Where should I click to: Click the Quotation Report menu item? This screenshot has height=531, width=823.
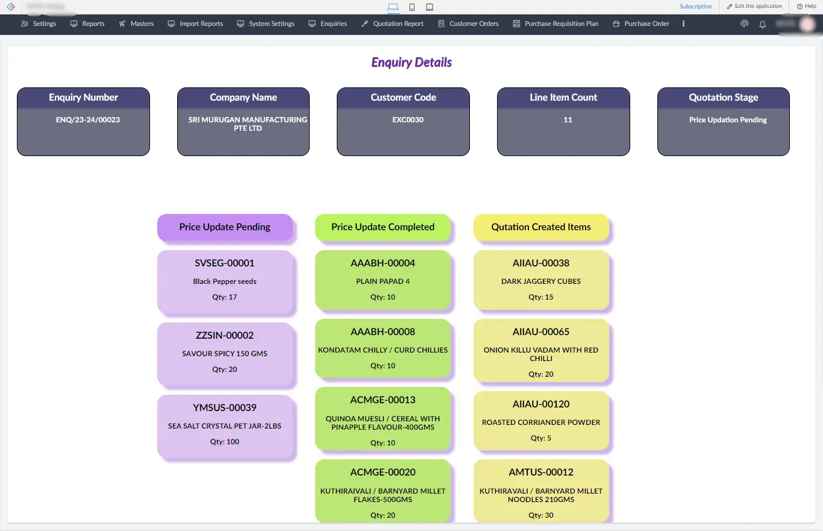tap(393, 24)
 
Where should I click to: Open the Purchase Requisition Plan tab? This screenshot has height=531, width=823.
tap(555, 24)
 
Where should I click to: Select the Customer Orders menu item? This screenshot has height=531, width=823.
tap(468, 24)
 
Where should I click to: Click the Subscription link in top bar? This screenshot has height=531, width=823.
tap(695, 7)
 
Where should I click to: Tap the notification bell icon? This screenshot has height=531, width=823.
tap(762, 24)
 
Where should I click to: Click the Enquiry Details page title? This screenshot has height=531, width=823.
tap(411, 62)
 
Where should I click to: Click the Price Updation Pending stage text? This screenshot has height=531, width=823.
tap(728, 120)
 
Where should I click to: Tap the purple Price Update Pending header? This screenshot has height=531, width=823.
tap(225, 227)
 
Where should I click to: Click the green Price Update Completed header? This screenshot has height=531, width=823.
tap(383, 227)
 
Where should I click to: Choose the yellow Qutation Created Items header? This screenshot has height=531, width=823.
tap(541, 227)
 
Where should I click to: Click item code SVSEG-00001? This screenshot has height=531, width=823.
tap(225, 263)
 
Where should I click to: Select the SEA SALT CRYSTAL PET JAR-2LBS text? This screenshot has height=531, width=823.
tap(225, 426)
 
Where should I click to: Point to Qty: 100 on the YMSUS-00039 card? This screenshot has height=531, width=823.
tap(225, 442)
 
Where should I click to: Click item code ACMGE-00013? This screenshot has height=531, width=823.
tap(383, 400)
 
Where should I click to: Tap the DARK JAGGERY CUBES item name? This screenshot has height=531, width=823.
tap(541, 281)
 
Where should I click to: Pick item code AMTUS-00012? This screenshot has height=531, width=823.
tap(541, 473)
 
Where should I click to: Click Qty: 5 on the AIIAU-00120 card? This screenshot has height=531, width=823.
tap(541, 438)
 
